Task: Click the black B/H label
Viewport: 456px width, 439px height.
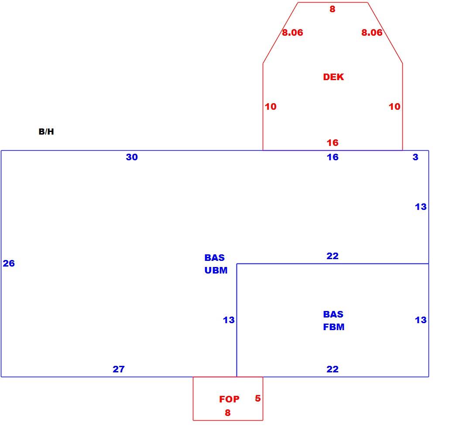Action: click(46, 132)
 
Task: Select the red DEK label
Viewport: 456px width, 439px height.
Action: click(333, 77)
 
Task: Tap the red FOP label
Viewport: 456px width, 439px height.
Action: click(229, 399)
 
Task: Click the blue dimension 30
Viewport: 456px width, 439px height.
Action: click(132, 157)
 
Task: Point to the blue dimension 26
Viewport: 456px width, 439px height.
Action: click(9, 263)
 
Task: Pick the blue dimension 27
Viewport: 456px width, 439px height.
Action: click(119, 369)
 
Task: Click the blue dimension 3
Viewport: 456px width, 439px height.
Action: click(415, 157)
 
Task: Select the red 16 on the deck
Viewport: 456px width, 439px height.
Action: click(333, 142)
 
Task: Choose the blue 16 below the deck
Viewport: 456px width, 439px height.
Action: click(333, 157)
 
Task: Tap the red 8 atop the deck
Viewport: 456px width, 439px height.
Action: click(333, 9)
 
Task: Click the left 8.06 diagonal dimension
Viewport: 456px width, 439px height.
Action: click(292, 32)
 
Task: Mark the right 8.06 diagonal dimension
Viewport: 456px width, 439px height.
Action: click(372, 32)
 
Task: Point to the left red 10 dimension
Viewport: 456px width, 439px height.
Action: click(271, 107)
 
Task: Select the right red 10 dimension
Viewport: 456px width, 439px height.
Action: click(394, 107)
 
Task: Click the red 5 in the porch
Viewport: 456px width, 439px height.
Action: click(257, 398)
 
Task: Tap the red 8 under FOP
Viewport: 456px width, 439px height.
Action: click(228, 412)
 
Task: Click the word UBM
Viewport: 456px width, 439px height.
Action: click(216, 270)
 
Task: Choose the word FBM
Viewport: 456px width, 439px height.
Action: click(333, 327)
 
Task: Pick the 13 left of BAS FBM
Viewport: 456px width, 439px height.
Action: click(229, 320)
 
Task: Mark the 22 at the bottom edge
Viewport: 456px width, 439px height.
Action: click(333, 369)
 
